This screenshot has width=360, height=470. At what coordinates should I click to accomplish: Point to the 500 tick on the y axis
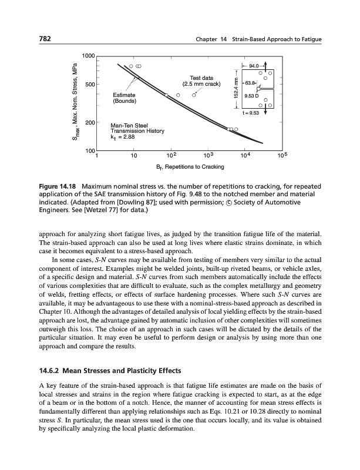point(90,85)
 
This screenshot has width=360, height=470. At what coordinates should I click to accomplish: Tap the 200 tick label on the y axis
point(90,122)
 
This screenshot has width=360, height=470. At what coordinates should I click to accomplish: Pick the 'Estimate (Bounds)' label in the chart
point(125,98)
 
